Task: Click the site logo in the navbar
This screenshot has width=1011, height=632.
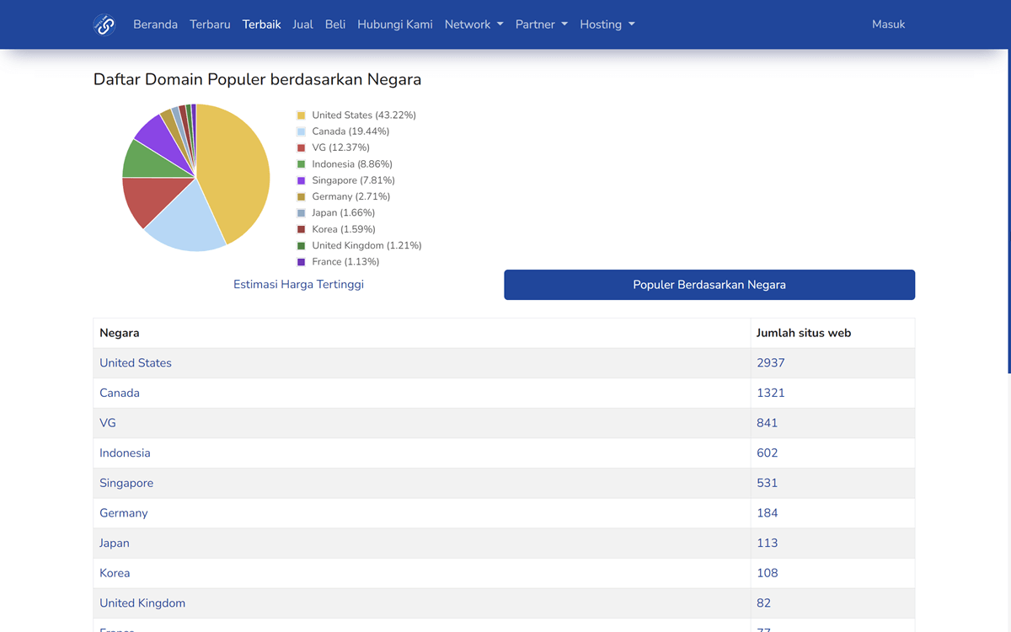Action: click(104, 24)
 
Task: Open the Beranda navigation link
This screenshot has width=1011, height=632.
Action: click(155, 24)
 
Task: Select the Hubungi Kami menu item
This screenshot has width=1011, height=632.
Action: click(394, 24)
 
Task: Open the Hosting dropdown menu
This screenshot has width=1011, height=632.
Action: click(607, 24)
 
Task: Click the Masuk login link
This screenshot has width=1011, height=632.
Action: click(888, 24)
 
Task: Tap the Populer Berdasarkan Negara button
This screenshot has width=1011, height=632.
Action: click(709, 285)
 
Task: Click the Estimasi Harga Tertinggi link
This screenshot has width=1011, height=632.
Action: click(298, 285)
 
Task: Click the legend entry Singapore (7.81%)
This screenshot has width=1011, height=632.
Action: click(352, 180)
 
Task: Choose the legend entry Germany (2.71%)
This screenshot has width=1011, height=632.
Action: click(350, 196)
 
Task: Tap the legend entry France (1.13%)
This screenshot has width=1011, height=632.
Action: click(345, 262)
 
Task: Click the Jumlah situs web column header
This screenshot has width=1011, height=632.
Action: click(803, 333)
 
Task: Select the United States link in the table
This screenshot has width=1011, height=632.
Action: click(136, 363)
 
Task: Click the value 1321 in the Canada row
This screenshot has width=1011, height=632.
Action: click(770, 393)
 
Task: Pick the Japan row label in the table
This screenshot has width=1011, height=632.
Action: click(115, 544)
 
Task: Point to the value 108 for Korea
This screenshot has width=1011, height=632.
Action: click(767, 573)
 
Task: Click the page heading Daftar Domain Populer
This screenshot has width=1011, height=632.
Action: click(257, 80)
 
